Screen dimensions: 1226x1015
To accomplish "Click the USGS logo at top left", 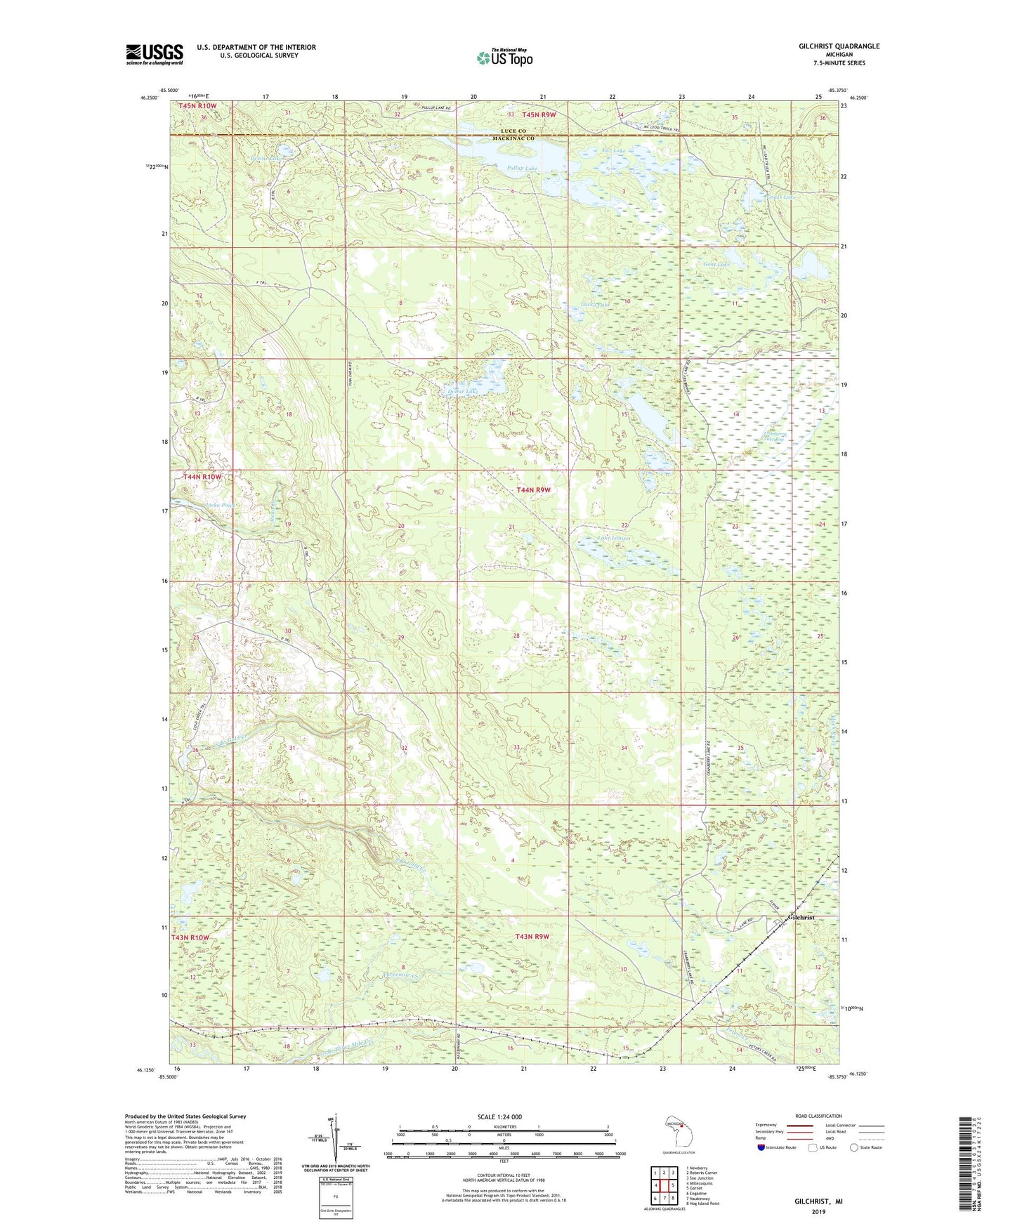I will (155, 53).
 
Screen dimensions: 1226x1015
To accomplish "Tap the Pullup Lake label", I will (522, 169).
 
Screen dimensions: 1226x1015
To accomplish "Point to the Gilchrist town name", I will (801, 918).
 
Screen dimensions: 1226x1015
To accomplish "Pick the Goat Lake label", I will (717, 265).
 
